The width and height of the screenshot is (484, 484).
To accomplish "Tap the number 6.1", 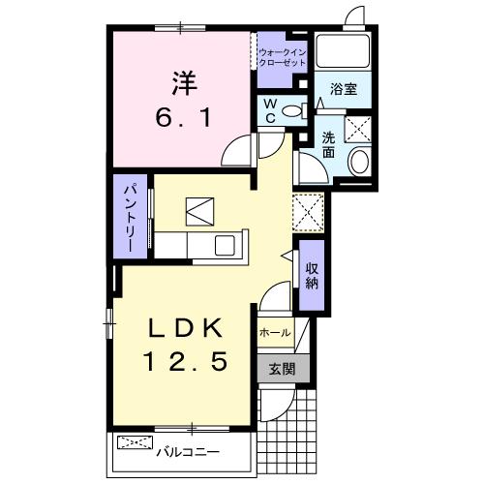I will (183, 118).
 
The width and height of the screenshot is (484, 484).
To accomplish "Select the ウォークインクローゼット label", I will (282, 55).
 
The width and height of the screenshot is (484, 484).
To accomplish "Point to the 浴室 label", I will (344, 88).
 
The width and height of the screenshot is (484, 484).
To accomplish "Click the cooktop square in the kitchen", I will (199, 209).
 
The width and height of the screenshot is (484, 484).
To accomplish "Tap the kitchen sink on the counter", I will (225, 246).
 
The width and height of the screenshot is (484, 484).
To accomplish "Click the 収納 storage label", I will (312, 275).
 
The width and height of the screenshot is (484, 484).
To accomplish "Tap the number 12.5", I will (185, 362).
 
